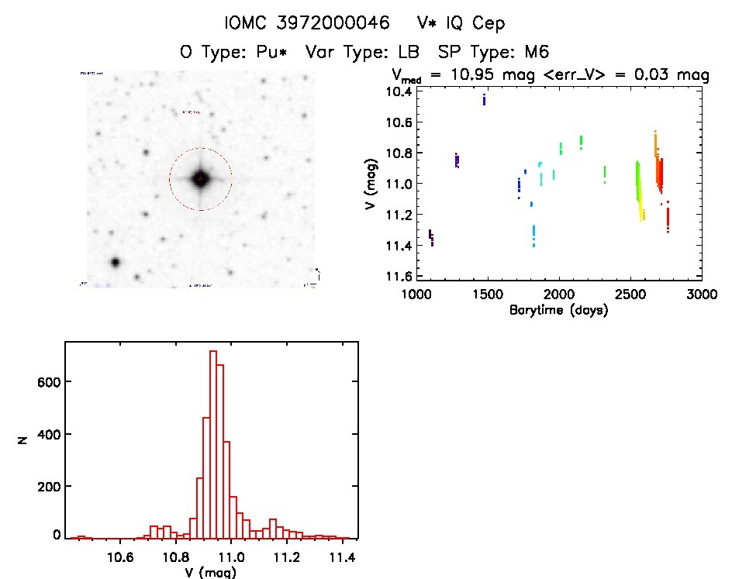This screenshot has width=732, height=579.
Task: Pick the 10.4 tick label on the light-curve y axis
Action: pyautogui.click(x=399, y=91)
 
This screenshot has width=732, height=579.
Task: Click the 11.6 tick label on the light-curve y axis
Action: pyautogui.click(x=399, y=277)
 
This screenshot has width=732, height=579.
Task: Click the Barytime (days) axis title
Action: pyautogui.click(x=558, y=310)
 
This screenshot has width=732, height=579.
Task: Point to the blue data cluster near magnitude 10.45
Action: pyautogui.click(x=484, y=99)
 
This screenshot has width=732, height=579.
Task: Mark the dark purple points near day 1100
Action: pyautogui.click(x=431, y=236)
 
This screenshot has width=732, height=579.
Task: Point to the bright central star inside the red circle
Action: pyautogui.click(x=200, y=179)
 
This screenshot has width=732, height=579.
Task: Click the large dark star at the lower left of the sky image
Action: pyautogui.click(x=116, y=262)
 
